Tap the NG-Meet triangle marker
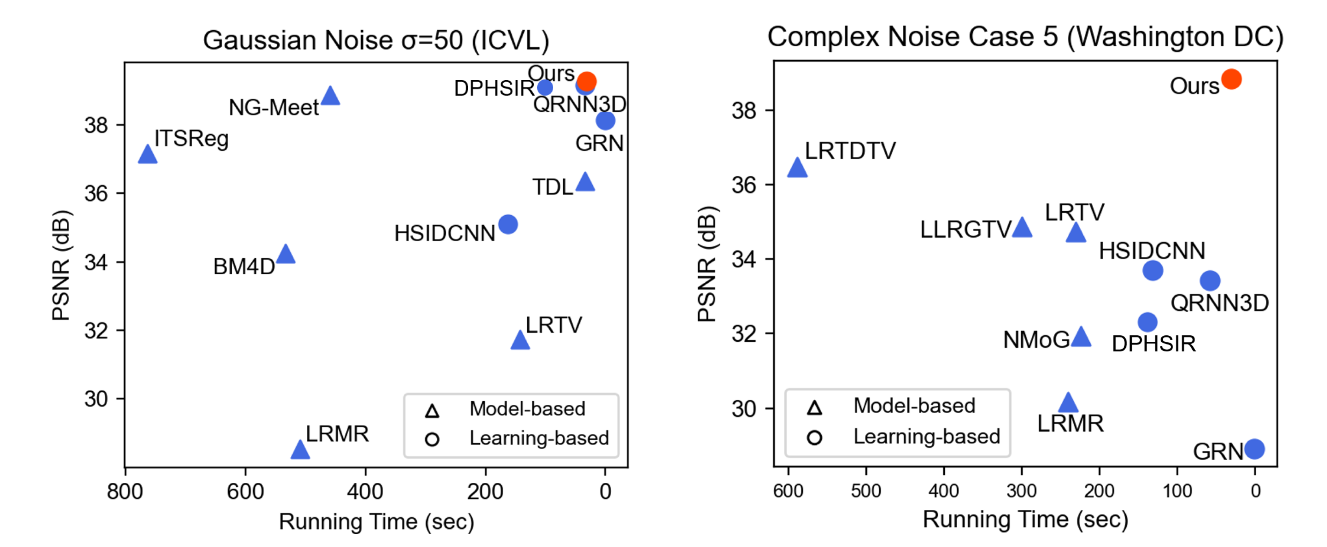pyautogui.click(x=330, y=96)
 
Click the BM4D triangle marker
pyautogui.click(x=285, y=254)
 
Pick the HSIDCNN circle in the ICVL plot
pyautogui.click(x=508, y=224)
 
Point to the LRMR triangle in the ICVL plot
pyautogui.click(x=300, y=450)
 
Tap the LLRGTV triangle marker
pyautogui.click(x=1022, y=228)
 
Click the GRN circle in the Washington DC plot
pyautogui.click(x=1254, y=449)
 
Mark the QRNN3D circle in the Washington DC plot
pyautogui.click(x=1210, y=281)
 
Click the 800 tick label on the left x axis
pyautogui.click(x=125, y=492)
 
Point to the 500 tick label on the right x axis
pyautogui.click(x=866, y=491)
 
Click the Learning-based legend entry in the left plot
pyautogui.click(x=539, y=438)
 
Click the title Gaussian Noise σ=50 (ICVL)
pyautogui.click(x=376, y=40)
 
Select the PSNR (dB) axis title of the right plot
pyautogui.click(x=707, y=264)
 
